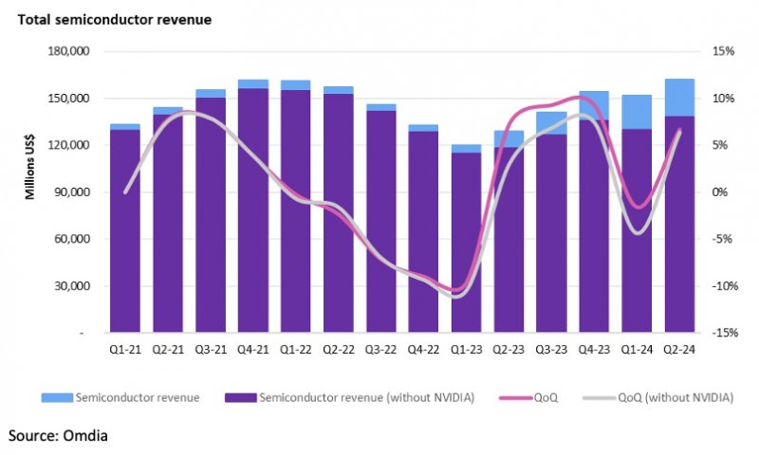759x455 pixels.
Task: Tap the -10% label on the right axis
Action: [720, 286]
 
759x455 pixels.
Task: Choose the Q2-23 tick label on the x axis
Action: [509, 349]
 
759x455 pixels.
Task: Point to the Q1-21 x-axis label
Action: [125, 349]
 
